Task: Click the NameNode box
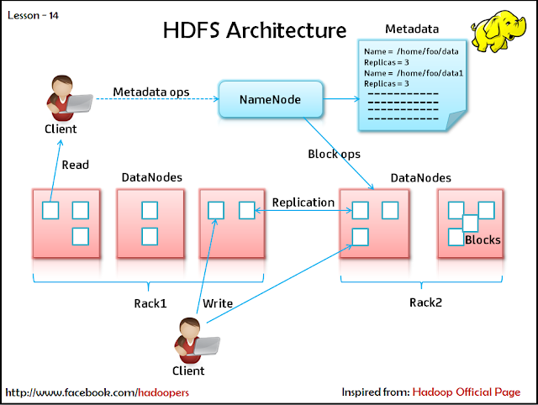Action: (x=271, y=100)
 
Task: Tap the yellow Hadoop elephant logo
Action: (x=503, y=31)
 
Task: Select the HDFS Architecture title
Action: (x=254, y=31)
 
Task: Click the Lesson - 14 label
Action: (x=34, y=15)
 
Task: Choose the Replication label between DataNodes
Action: (x=304, y=202)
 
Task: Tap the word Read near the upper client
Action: (x=75, y=165)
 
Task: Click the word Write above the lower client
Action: (x=218, y=302)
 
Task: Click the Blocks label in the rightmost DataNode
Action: (x=483, y=240)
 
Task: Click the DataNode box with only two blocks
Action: (x=150, y=223)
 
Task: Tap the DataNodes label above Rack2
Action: (x=420, y=178)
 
